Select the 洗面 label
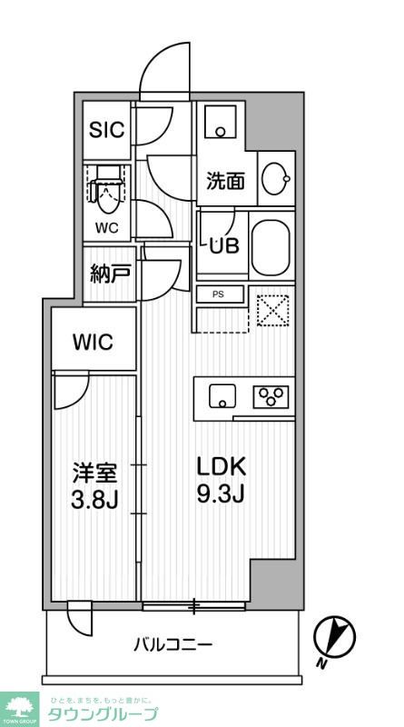coord(224,181)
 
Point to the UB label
coord(224,244)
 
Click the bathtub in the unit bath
coord(269,246)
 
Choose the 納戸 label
coord(109,274)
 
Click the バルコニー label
coord(173,645)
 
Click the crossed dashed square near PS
coord(271,310)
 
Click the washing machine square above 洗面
coord(221,122)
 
